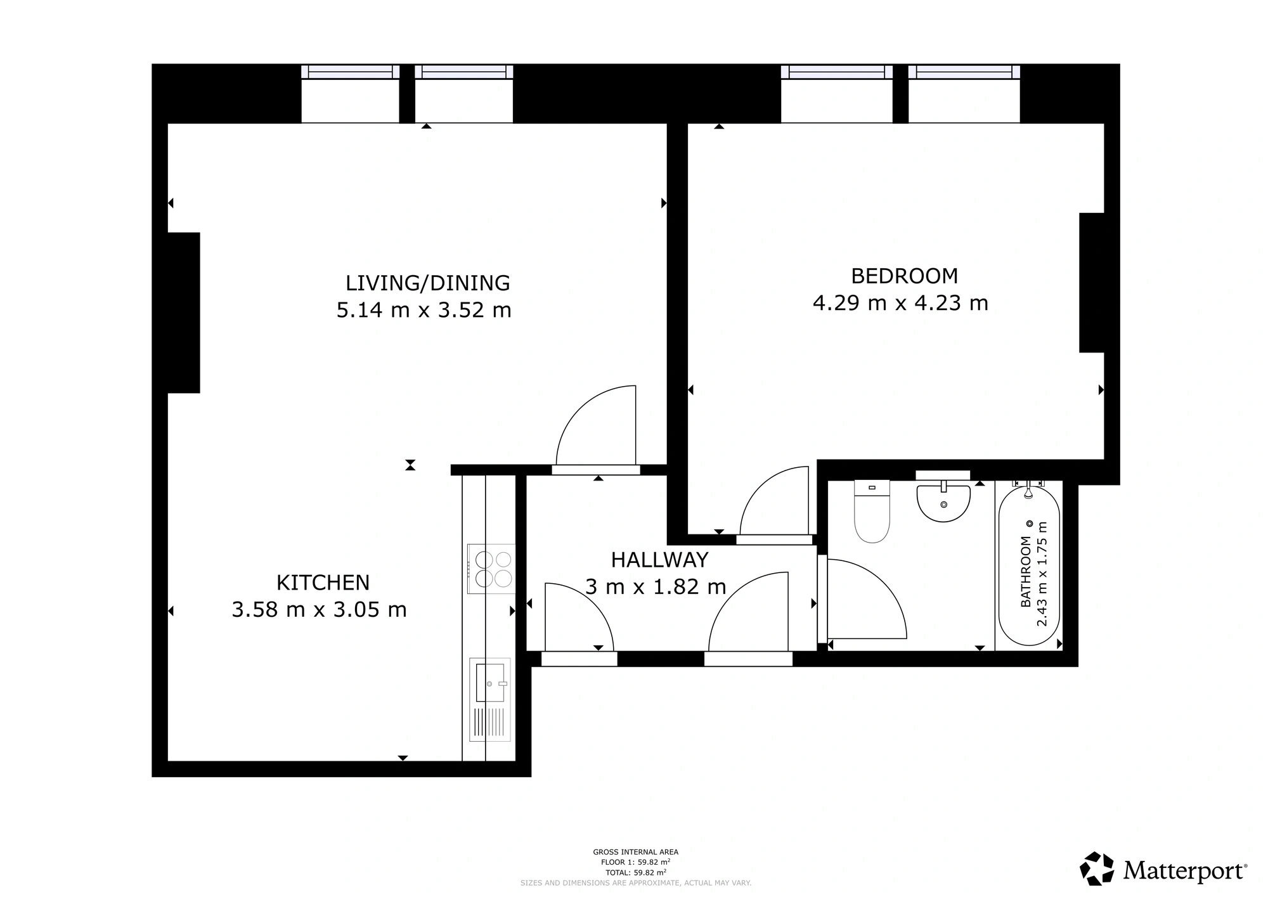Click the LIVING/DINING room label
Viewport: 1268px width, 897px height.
point(427,283)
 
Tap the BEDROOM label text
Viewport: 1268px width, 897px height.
point(904,276)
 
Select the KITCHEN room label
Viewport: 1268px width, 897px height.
point(323,582)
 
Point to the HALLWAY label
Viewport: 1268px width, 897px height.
point(659,560)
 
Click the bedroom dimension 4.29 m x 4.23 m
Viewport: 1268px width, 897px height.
point(900,303)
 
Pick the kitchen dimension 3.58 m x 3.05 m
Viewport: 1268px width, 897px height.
point(319,609)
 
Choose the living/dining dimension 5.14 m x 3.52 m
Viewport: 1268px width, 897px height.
point(424,310)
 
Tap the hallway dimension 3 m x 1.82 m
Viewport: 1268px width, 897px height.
point(656,586)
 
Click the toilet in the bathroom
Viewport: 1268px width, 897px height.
point(872,511)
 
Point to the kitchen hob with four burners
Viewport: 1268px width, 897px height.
point(491,569)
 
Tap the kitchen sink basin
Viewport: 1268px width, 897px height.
point(490,683)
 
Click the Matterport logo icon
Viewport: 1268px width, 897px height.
point(1097,868)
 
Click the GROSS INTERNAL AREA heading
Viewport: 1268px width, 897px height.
point(635,852)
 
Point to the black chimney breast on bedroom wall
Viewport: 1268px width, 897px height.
point(1092,282)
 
